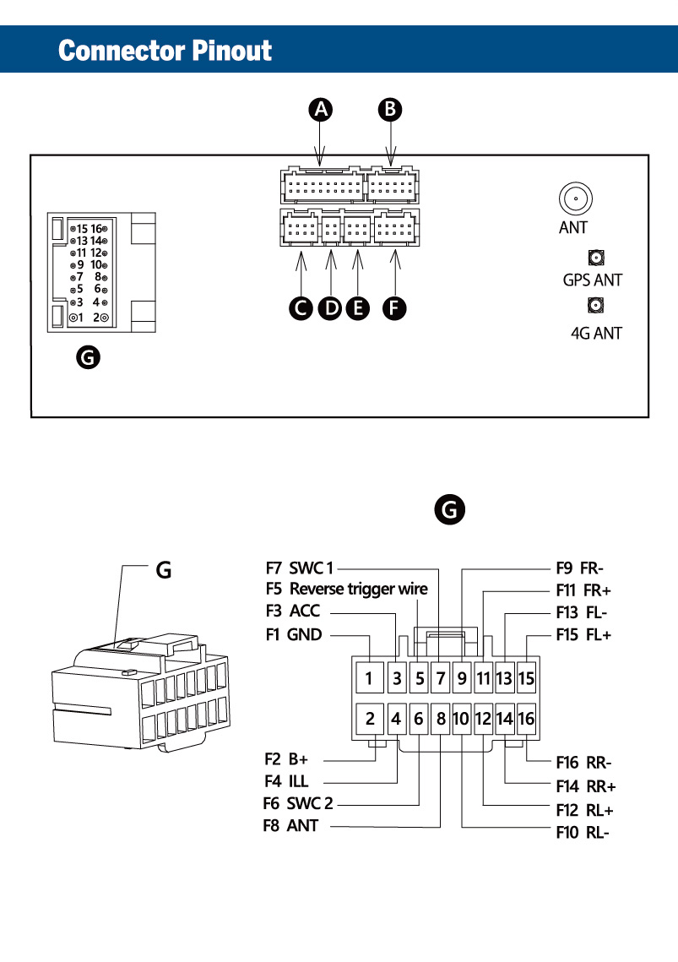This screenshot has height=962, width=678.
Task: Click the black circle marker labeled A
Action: (x=320, y=110)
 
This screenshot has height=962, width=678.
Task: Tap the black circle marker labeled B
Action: (x=389, y=110)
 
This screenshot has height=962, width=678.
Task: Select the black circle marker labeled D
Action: (x=331, y=308)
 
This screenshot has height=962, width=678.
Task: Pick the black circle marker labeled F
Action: (x=394, y=308)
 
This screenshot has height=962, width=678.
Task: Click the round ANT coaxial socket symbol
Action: (x=576, y=198)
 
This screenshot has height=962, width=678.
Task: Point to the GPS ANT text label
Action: (x=592, y=280)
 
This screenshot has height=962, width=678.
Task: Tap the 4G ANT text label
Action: (x=596, y=333)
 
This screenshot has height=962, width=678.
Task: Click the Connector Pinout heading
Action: (x=165, y=51)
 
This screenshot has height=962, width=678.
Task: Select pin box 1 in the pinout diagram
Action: (x=369, y=678)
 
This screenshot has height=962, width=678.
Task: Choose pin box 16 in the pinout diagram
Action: (x=527, y=719)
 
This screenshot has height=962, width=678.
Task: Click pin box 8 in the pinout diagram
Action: (x=441, y=719)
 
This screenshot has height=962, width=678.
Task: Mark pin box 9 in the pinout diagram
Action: (x=462, y=678)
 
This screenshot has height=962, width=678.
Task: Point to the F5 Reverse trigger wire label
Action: (x=347, y=589)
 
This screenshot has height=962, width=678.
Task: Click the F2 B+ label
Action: (x=286, y=759)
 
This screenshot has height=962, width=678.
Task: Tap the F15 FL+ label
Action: (x=583, y=634)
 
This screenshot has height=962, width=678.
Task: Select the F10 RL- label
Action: (x=583, y=833)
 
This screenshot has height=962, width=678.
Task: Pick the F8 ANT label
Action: (x=290, y=826)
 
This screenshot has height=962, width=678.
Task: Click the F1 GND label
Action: (x=294, y=634)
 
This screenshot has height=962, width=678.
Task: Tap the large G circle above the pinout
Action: (x=450, y=510)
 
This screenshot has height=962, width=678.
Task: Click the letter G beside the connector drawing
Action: (x=164, y=570)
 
